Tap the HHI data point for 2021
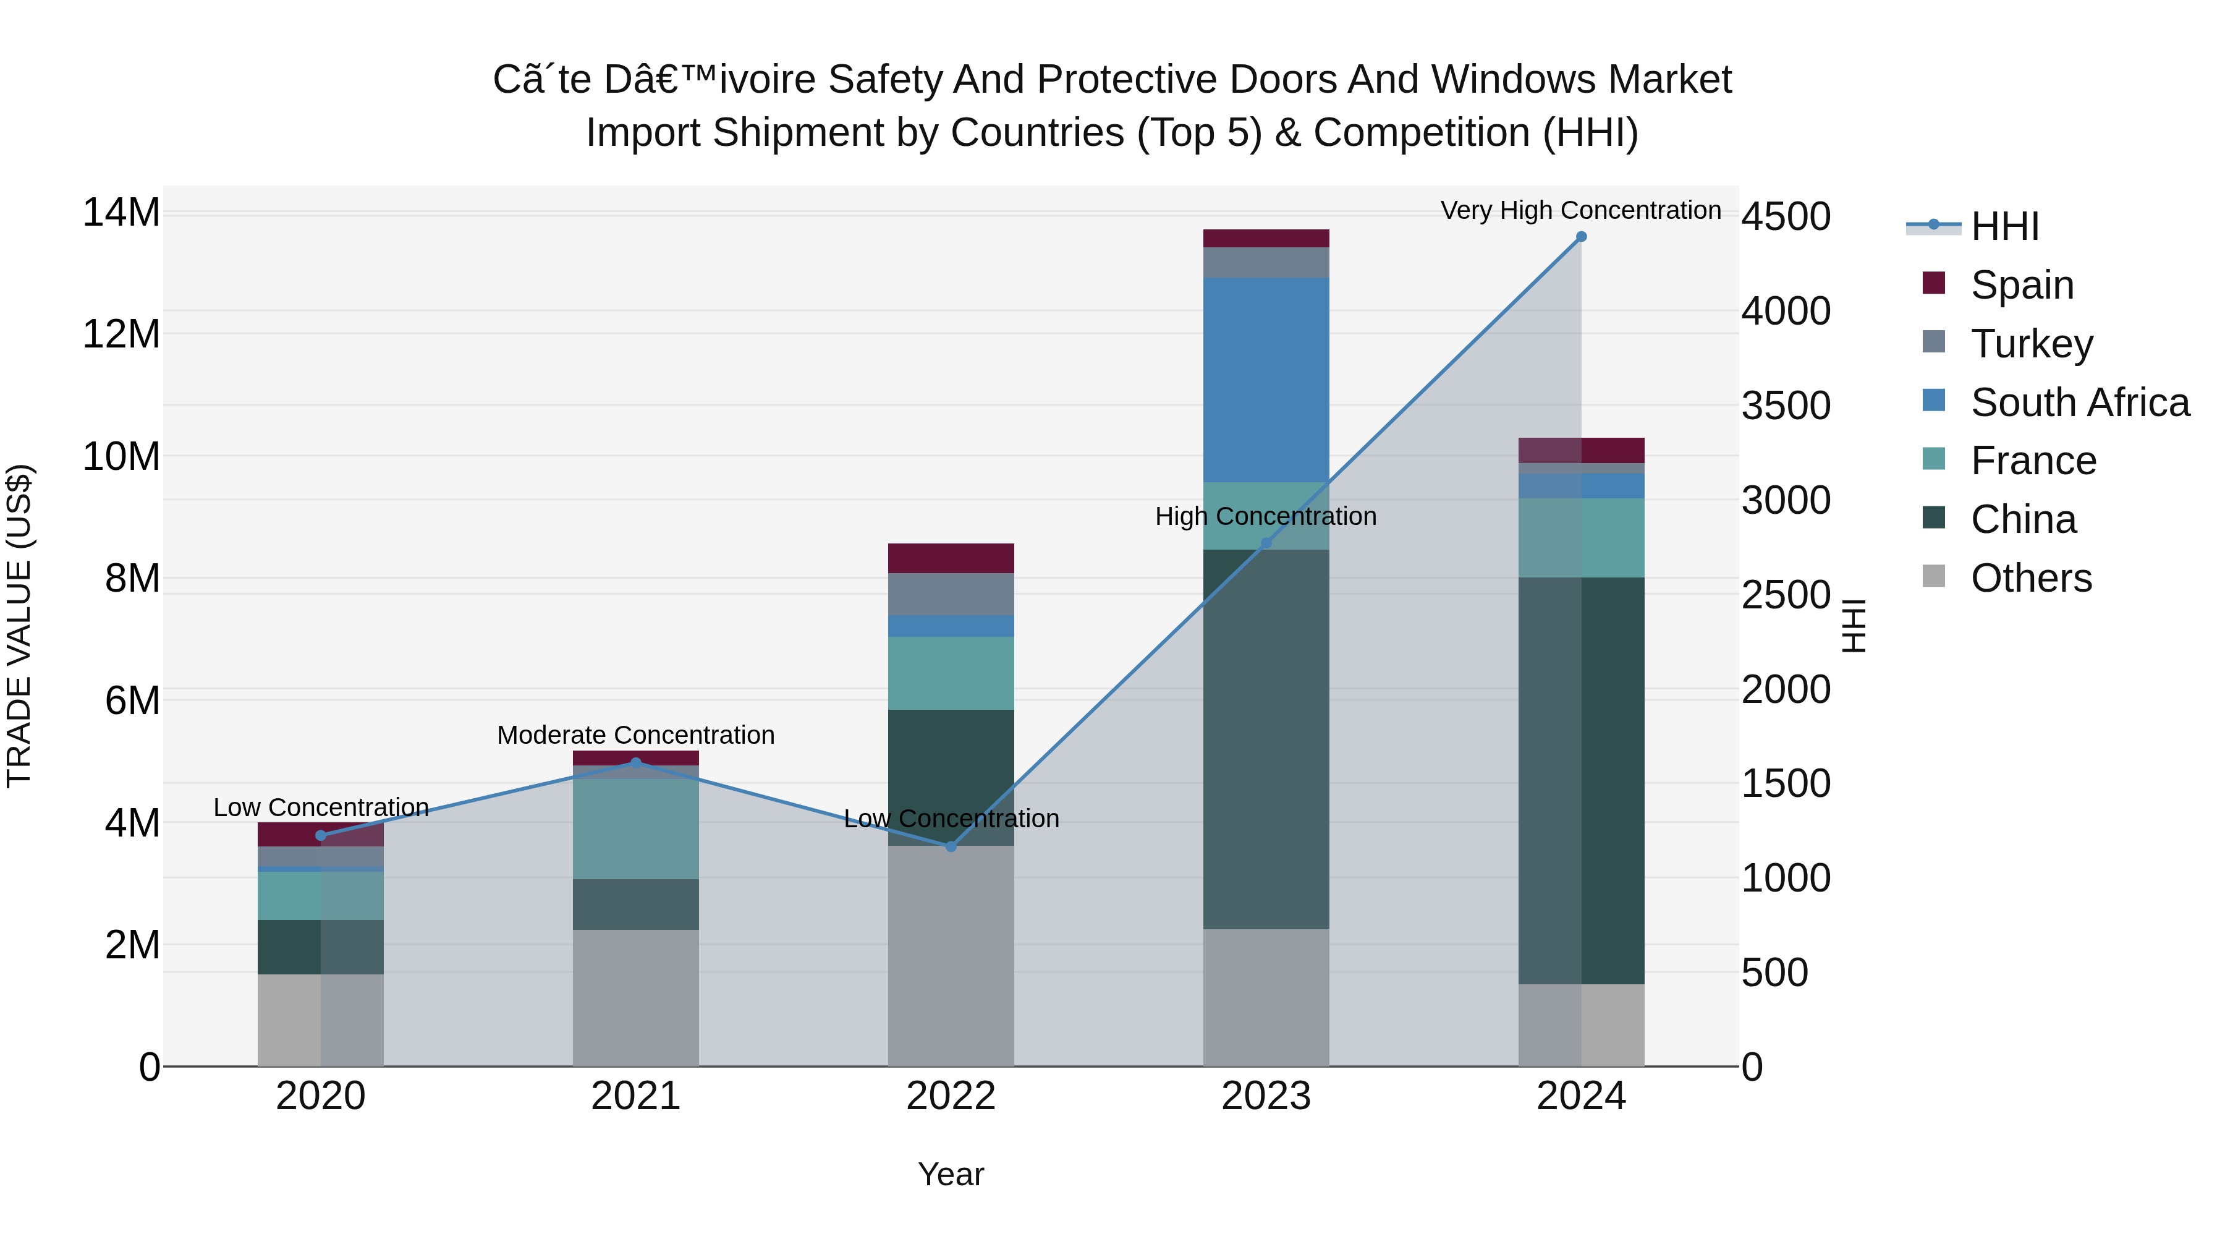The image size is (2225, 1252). [636, 763]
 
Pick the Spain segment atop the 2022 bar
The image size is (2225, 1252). [951, 558]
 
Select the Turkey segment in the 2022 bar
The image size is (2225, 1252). [951, 594]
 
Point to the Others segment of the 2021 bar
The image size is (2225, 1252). [636, 998]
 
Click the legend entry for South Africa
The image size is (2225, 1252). [2079, 402]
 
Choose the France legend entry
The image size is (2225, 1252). [2032, 461]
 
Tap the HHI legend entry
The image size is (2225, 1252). [2004, 226]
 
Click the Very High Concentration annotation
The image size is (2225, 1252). [1580, 211]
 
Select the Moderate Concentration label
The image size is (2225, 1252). [636, 735]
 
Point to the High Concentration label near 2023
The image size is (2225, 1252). [1265, 517]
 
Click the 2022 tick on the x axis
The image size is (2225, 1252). [951, 1096]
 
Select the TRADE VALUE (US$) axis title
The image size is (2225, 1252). [19, 626]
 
